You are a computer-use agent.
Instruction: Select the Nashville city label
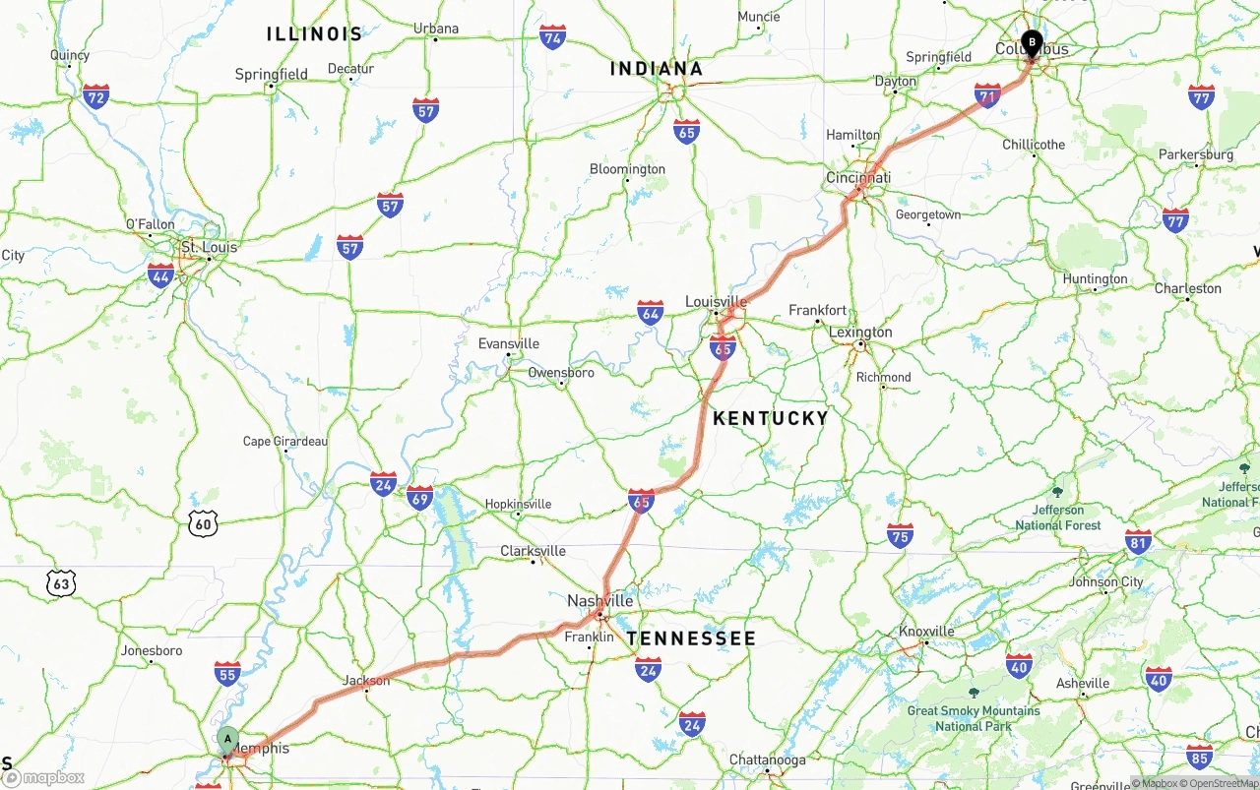[599, 600]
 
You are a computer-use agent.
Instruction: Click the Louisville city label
[717, 301]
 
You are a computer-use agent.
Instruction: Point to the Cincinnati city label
[857, 178]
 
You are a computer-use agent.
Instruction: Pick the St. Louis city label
[208, 247]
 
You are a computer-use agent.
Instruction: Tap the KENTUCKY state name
[771, 418]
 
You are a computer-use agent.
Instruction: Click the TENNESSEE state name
[691, 638]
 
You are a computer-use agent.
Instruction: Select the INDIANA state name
[657, 69]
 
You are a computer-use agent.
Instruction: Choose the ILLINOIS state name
[315, 34]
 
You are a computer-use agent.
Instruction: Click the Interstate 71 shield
[987, 95]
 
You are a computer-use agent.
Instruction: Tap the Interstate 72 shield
[95, 96]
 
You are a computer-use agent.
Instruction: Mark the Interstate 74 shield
[553, 38]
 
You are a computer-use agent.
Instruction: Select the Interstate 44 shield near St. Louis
[160, 275]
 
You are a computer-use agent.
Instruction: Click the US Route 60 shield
[203, 523]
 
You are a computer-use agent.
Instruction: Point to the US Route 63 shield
[61, 583]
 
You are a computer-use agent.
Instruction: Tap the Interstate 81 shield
[1139, 542]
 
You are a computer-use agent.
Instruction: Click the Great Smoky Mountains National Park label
[973, 718]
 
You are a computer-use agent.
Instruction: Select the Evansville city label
[508, 343]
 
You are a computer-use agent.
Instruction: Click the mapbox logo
[44, 777]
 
